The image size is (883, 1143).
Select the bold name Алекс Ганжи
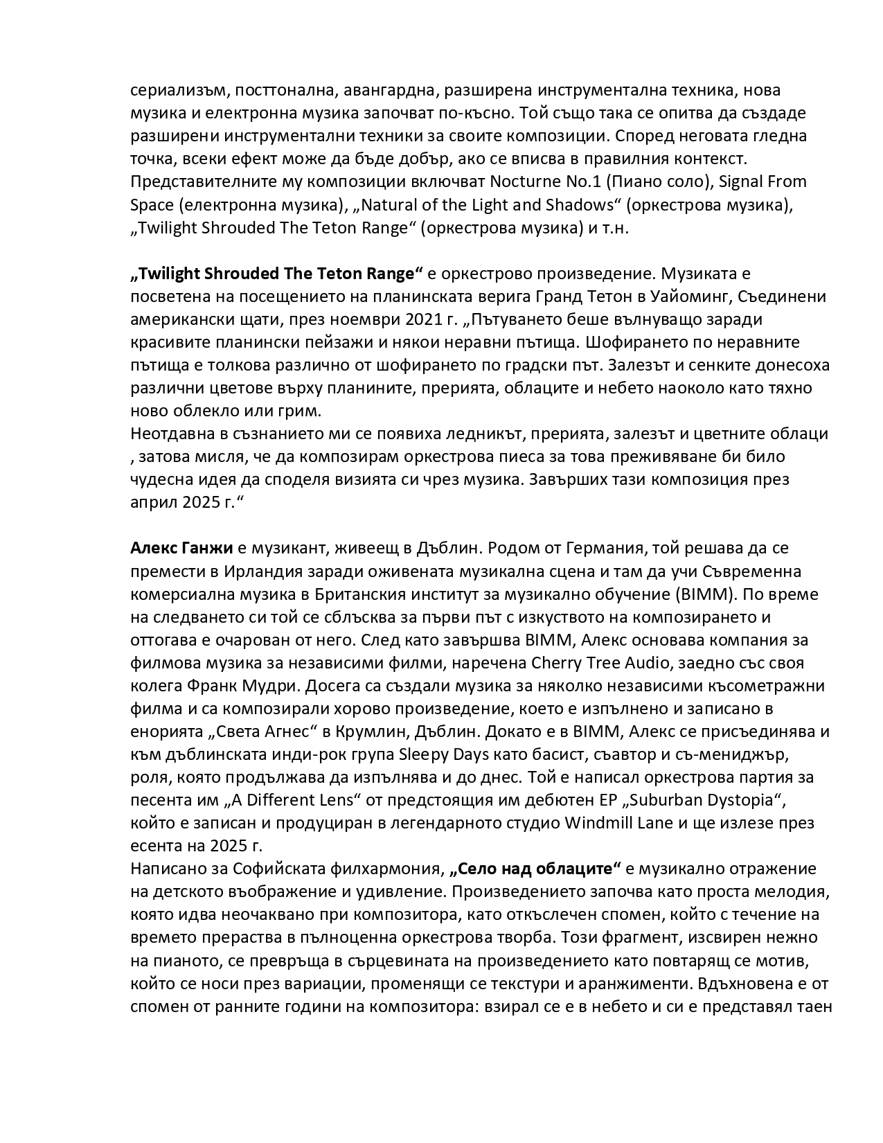tap(181, 548)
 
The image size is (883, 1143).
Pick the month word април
tap(154, 502)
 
